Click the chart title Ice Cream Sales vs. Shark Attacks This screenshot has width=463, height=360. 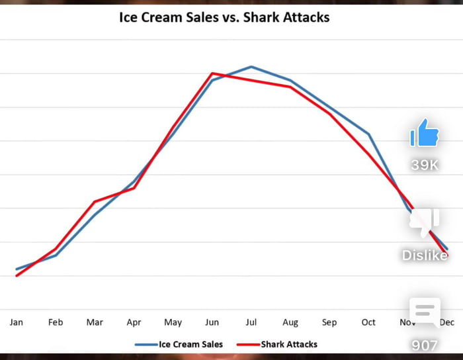(x=224, y=17)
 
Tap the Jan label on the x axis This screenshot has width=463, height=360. (x=17, y=322)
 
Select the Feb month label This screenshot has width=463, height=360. (x=56, y=322)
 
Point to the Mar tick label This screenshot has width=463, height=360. (x=95, y=322)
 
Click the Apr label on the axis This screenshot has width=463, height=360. (x=134, y=322)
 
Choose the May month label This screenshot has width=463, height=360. (x=173, y=322)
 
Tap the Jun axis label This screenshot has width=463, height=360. (x=212, y=322)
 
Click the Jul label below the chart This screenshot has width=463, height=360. (x=251, y=322)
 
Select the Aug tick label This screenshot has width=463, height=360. (x=290, y=322)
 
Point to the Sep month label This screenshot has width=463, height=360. (x=329, y=322)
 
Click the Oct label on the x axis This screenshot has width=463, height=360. (x=368, y=322)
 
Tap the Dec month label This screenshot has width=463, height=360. (x=447, y=322)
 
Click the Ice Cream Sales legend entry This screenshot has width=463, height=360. (x=179, y=344)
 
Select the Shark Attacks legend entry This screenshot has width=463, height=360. (x=277, y=344)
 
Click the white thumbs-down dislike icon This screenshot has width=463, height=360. (x=425, y=223)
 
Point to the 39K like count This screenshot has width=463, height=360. (x=425, y=165)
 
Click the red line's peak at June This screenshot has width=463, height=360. (x=212, y=73)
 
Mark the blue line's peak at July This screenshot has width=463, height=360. (x=251, y=67)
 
